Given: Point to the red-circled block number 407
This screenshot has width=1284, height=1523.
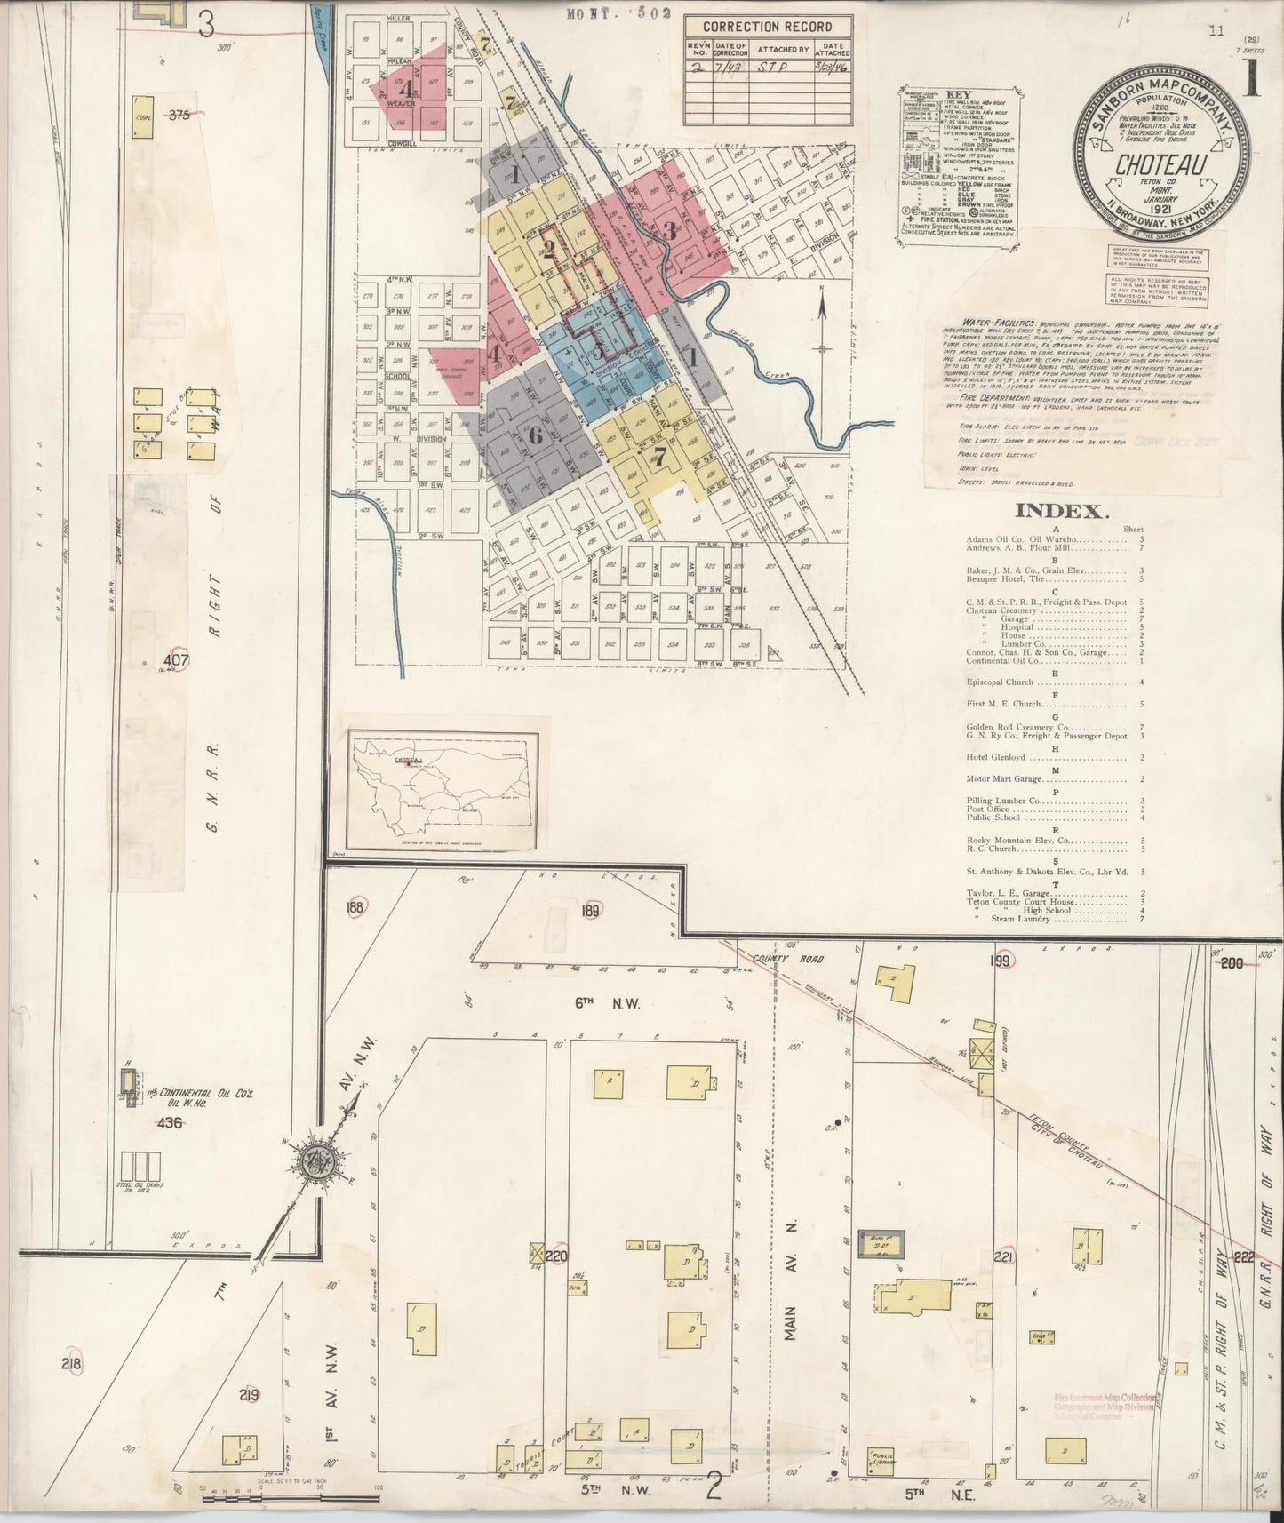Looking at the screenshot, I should pyautogui.click(x=177, y=660).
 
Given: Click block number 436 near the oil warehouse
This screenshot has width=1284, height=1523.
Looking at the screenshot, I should pyautogui.click(x=169, y=1122).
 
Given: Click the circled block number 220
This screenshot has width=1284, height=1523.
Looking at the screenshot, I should pyautogui.click(x=556, y=1256).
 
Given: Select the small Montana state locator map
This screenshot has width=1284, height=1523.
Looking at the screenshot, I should pyautogui.click(x=443, y=790).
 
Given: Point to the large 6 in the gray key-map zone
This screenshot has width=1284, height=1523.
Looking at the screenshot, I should pyautogui.click(x=534, y=435).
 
